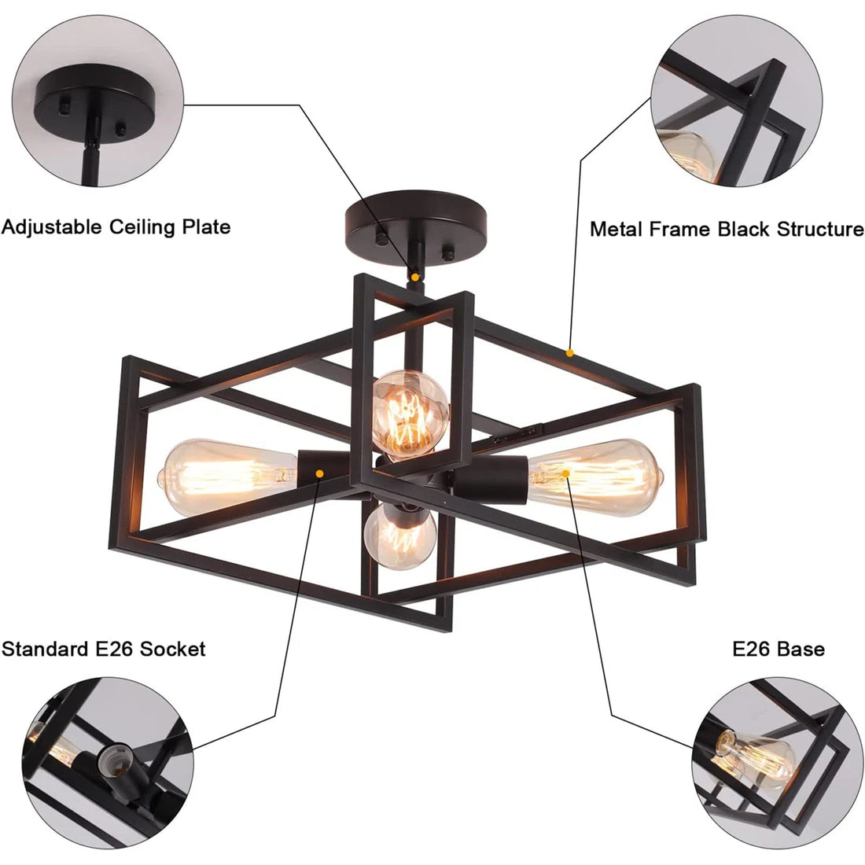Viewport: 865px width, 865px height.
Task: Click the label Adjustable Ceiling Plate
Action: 116,227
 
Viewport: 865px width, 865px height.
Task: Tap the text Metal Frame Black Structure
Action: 727,229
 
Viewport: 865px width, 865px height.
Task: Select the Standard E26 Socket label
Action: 103,649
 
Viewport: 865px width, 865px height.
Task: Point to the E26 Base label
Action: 778,649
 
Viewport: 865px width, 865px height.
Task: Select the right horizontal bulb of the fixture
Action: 598,476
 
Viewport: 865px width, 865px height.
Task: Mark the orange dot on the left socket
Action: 320,473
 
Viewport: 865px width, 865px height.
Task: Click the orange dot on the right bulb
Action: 565,473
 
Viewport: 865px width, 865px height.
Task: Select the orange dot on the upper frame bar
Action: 570,353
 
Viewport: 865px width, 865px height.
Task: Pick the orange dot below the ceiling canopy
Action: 414,277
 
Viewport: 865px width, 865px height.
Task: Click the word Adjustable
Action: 53,227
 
